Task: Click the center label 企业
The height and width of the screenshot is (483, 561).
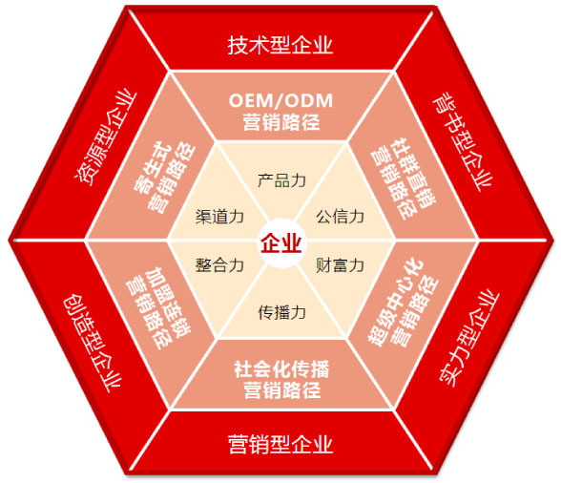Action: pyautogui.click(x=280, y=243)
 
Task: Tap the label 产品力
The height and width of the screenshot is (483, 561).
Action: pyautogui.click(x=281, y=180)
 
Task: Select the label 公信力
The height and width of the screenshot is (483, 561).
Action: pyautogui.click(x=340, y=217)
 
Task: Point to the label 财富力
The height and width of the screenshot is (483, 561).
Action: pyautogui.click(x=340, y=265)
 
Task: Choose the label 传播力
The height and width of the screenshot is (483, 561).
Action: pyautogui.click(x=281, y=312)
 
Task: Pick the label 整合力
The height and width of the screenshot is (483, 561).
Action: pyautogui.click(x=219, y=265)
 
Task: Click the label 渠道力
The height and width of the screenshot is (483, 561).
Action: pyautogui.click(x=219, y=217)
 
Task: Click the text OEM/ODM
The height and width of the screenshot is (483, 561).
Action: pyautogui.click(x=280, y=100)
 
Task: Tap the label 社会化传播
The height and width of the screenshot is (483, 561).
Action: pyautogui.click(x=281, y=369)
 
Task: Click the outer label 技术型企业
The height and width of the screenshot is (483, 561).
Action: pyautogui.click(x=280, y=45)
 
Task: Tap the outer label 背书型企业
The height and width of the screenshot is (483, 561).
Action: pyautogui.click(x=463, y=141)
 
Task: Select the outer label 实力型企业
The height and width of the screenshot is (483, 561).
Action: pyautogui.click(x=468, y=339)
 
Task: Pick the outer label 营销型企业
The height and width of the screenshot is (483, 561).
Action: pyautogui.click(x=280, y=444)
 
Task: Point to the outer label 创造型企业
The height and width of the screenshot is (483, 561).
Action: pyautogui.click(x=93, y=343)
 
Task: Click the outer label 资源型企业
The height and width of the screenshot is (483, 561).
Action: pyautogui.click(x=105, y=138)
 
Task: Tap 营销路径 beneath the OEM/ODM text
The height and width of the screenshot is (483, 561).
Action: pyautogui.click(x=281, y=122)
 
